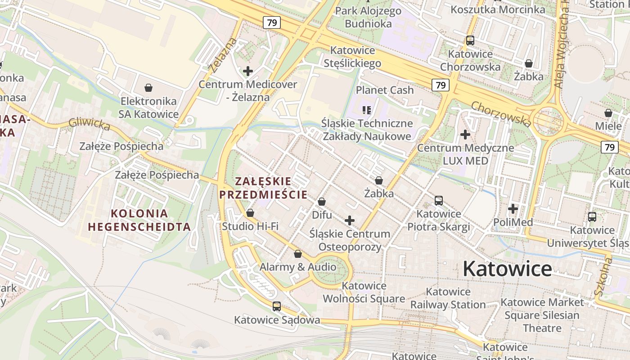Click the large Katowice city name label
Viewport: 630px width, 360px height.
pyautogui.click(x=507, y=269)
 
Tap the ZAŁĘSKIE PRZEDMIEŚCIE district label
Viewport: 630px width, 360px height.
pyautogui.click(x=263, y=188)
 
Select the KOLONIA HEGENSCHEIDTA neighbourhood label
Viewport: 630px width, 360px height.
pyautogui.click(x=139, y=220)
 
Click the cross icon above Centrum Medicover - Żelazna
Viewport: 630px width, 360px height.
pyautogui.click(x=248, y=71)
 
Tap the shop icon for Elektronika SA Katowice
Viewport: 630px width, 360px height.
pyautogui.click(x=148, y=88)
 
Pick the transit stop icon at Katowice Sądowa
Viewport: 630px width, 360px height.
pyautogui.click(x=277, y=306)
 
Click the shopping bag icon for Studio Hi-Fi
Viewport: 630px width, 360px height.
pyautogui.click(x=250, y=213)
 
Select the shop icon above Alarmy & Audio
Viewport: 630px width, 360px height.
pyautogui.click(x=298, y=254)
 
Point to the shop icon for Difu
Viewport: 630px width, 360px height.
pyautogui.click(x=322, y=202)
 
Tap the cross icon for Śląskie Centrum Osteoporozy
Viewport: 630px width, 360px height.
pyautogui.click(x=350, y=220)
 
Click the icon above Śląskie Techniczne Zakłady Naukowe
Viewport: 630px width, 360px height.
pyautogui.click(x=367, y=110)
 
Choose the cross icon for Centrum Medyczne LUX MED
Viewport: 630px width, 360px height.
pyautogui.click(x=465, y=135)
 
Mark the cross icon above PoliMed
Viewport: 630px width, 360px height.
pyautogui.click(x=513, y=209)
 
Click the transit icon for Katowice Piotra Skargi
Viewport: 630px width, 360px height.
pyautogui.click(x=439, y=200)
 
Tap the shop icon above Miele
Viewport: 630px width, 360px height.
pyautogui.click(x=608, y=113)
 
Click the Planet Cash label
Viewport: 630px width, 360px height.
pyautogui.click(x=385, y=90)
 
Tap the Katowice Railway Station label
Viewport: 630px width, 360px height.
pyautogui.click(x=448, y=298)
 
